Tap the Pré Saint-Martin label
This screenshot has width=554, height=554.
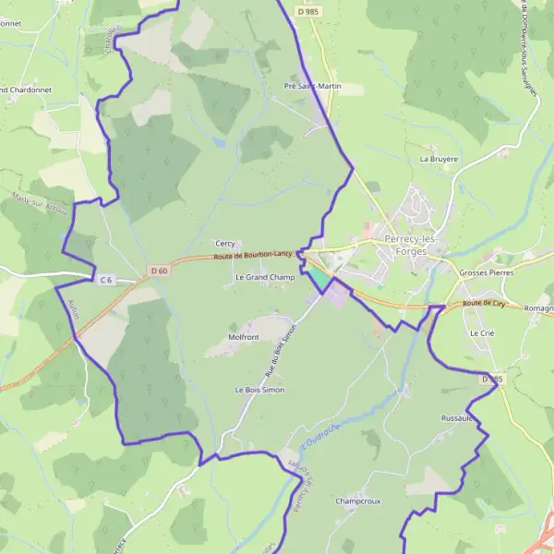(312, 86)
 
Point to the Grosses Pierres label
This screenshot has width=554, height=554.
(485, 273)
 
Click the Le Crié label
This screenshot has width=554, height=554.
(482, 332)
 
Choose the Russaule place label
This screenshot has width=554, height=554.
(458, 418)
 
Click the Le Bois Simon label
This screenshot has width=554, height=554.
(259, 391)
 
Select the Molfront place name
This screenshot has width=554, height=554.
(244, 338)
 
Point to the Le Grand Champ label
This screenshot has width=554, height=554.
(264, 277)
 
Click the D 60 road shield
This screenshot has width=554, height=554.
(159, 271)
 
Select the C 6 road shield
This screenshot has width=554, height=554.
(105, 279)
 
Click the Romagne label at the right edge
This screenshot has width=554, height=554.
(538, 307)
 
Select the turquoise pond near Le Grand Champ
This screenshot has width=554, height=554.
(317, 276)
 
